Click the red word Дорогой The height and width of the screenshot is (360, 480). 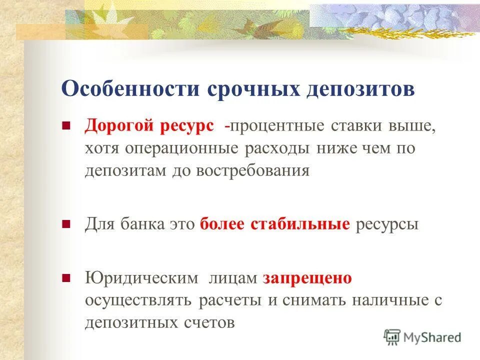click(x=119, y=126)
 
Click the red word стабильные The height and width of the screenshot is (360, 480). click(x=299, y=224)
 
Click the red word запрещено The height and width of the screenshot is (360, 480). click(x=307, y=278)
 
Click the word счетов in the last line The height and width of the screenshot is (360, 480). click(x=208, y=322)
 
